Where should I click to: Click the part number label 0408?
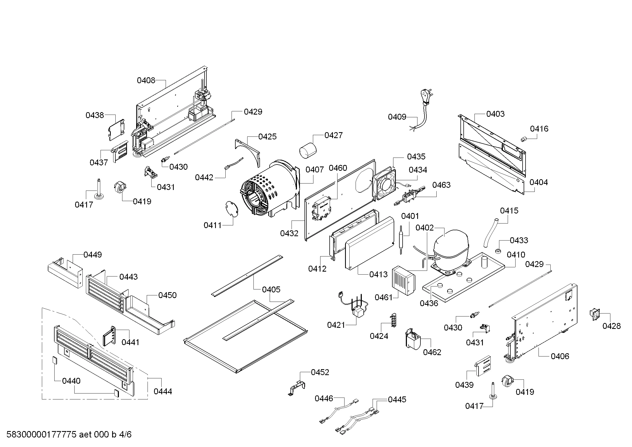coord(146,80)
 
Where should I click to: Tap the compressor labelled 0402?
coord(450,247)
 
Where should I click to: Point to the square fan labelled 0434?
coord(384,184)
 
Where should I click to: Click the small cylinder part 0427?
coord(308,150)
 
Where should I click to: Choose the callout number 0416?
coord(539,129)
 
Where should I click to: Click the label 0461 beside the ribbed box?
coord(383,297)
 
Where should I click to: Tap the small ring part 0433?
coord(498,251)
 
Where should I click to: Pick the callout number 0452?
coord(320,372)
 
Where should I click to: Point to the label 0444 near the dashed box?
coord(163,391)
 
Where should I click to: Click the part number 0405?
coord(271,289)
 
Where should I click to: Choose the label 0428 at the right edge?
coord(611,326)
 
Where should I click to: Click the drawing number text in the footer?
coord(69,434)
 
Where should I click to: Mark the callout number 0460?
coord(338,168)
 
